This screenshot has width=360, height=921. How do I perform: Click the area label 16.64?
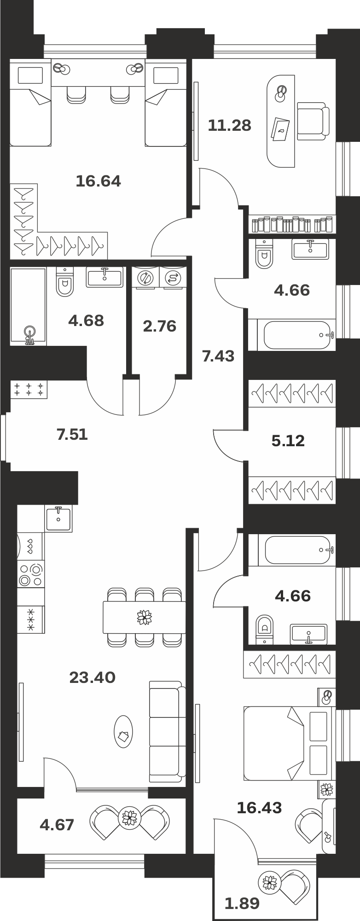click(x=98, y=181)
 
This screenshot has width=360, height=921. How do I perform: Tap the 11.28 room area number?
click(x=229, y=125)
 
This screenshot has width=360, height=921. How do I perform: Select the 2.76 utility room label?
click(x=159, y=326)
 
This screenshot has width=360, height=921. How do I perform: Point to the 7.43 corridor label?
click(x=218, y=356)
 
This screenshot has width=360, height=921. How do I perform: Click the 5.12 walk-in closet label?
click(x=288, y=441)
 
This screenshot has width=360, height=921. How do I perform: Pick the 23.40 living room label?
click(x=92, y=677)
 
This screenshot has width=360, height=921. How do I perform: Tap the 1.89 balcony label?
click(x=242, y=904)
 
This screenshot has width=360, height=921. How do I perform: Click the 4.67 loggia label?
click(x=57, y=824)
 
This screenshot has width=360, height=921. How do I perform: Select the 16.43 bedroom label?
click(x=259, y=807)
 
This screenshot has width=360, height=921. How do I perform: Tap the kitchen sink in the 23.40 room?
click(x=58, y=518)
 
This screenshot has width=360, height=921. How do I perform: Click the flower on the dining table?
click(x=145, y=617)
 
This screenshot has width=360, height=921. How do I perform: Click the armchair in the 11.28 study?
click(x=313, y=121)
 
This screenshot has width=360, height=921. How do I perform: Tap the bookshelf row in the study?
click(x=292, y=224)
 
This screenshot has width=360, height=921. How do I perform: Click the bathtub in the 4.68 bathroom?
click(x=28, y=306)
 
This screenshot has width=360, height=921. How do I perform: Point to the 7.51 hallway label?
click(x=72, y=434)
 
